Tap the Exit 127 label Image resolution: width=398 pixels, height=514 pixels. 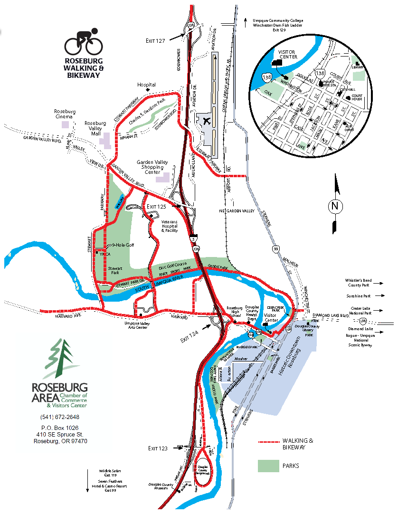155,41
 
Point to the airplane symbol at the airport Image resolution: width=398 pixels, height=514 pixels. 207,121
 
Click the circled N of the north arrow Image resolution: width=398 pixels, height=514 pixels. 336,206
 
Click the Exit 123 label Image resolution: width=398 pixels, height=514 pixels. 158,448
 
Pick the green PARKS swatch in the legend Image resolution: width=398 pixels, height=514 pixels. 268,466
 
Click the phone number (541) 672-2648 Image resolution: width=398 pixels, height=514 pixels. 60,417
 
